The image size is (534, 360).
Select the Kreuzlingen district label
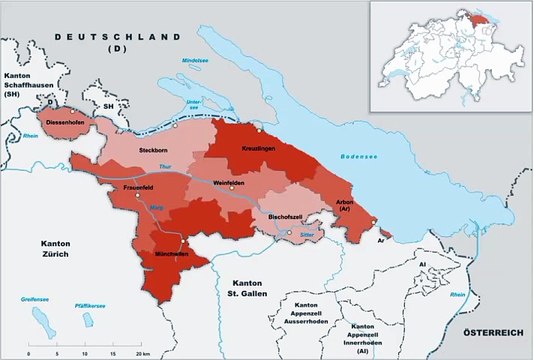click(x=258, y=148)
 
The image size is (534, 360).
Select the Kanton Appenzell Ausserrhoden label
click(x=309, y=310)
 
